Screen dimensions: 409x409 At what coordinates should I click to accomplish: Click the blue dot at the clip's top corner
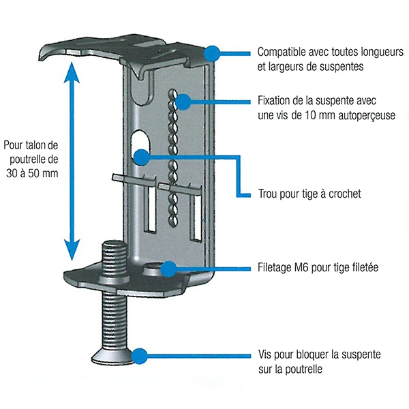point(212,52)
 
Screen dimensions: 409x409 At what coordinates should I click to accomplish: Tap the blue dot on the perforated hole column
point(183,102)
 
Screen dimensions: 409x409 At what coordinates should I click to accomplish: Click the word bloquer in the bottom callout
point(307,356)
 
